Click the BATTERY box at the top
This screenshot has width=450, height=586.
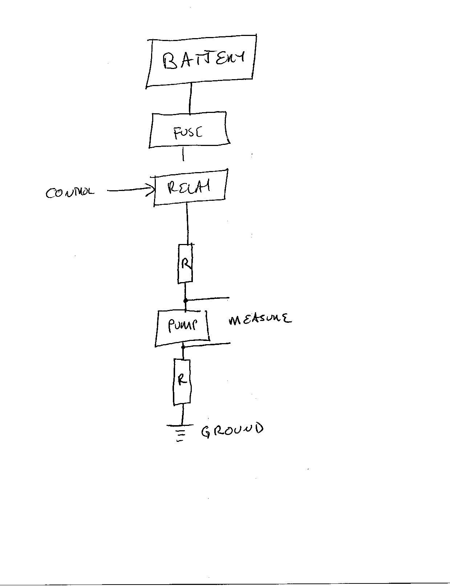201,61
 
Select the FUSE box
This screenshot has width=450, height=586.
189,130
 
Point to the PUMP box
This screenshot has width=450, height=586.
182,328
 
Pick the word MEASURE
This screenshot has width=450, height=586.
259,320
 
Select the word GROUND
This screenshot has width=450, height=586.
232,430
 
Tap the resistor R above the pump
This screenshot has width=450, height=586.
185,264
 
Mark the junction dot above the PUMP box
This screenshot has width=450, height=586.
186,301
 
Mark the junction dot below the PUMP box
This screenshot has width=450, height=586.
183,347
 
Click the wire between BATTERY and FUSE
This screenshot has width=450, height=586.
190,98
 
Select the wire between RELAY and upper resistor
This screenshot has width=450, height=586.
187,223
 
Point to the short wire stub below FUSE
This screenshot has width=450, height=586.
183,154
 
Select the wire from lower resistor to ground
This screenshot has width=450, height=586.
182,414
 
